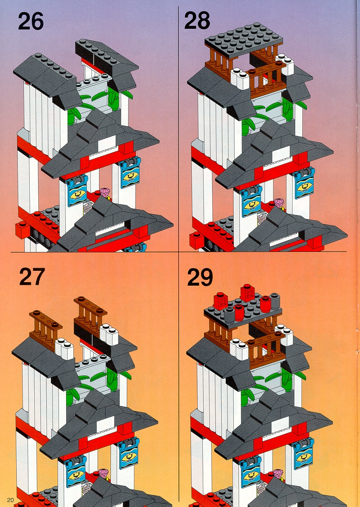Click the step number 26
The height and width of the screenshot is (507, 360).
pyautogui.click(x=31, y=22)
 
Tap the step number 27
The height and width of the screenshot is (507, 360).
pyautogui.click(x=32, y=277)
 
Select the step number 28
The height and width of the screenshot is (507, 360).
pyautogui.click(x=197, y=21)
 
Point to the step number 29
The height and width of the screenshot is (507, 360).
pyautogui.click(x=200, y=277)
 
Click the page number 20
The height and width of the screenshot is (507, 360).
pyautogui.click(x=10, y=500)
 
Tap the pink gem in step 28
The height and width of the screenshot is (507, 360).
pyautogui.click(x=279, y=203)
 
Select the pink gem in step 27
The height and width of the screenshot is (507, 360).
pyautogui.click(x=103, y=473)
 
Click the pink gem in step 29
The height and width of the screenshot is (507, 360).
pyautogui.click(x=278, y=474)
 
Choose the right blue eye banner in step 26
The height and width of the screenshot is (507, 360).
pyautogui.click(x=130, y=172)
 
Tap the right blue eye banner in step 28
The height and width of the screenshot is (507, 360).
pyautogui.click(x=305, y=183)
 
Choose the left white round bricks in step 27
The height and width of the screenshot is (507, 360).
pyautogui.click(x=64, y=347)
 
